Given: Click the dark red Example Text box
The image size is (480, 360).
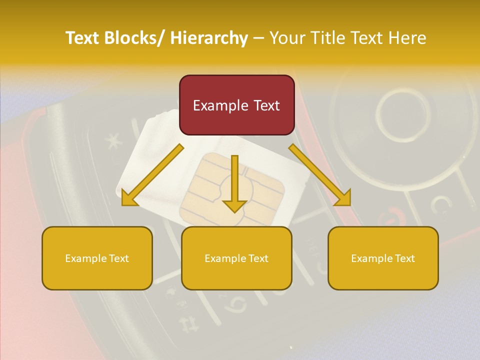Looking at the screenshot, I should coord(236,105).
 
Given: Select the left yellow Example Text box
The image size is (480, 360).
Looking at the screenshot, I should coord(97,258).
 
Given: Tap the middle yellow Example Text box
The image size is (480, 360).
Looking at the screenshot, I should coord(236,258).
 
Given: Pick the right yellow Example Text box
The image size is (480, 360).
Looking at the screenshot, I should coord(383,258).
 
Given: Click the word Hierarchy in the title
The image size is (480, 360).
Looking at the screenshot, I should coord(209,38).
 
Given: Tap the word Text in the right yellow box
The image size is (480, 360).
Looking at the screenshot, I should coord(404,258).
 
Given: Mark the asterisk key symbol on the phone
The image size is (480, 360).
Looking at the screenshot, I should coord(113,142).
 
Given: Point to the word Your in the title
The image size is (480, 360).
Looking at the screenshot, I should coord(286,38).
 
